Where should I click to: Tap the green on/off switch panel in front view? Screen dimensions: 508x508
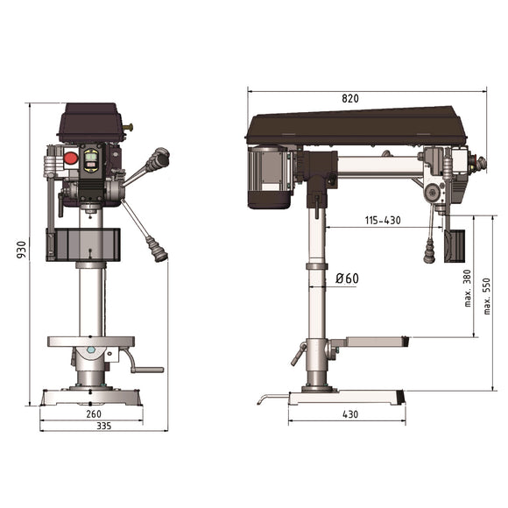tap(90, 159)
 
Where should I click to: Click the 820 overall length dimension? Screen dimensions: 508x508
tap(350, 99)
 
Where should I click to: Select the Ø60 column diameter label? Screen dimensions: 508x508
tap(347, 279)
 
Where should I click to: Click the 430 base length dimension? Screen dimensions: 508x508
tap(349, 413)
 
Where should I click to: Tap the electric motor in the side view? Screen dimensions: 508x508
tap(271, 178)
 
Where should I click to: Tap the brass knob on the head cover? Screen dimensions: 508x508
tap(131, 129)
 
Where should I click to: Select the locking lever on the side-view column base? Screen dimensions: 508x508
tap(298, 355)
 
